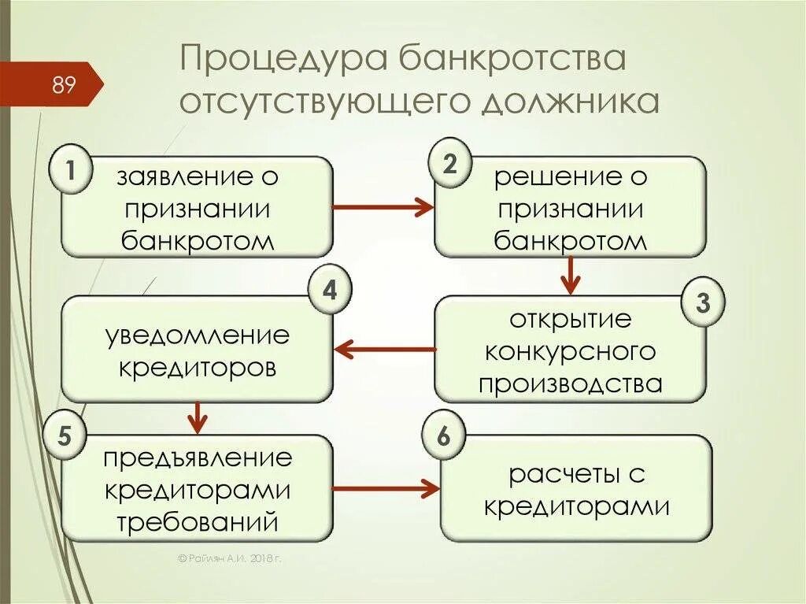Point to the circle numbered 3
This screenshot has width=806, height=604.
(703, 302)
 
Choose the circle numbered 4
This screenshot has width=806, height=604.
(329, 291)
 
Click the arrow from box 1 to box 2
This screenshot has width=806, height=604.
(383, 207)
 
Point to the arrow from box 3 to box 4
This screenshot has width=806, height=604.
(385, 348)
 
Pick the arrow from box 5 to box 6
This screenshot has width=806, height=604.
(386, 489)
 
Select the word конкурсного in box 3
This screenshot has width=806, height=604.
(571, 351)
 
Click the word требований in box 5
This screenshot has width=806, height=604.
(198, 520)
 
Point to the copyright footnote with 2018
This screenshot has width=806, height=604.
(229, 558)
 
